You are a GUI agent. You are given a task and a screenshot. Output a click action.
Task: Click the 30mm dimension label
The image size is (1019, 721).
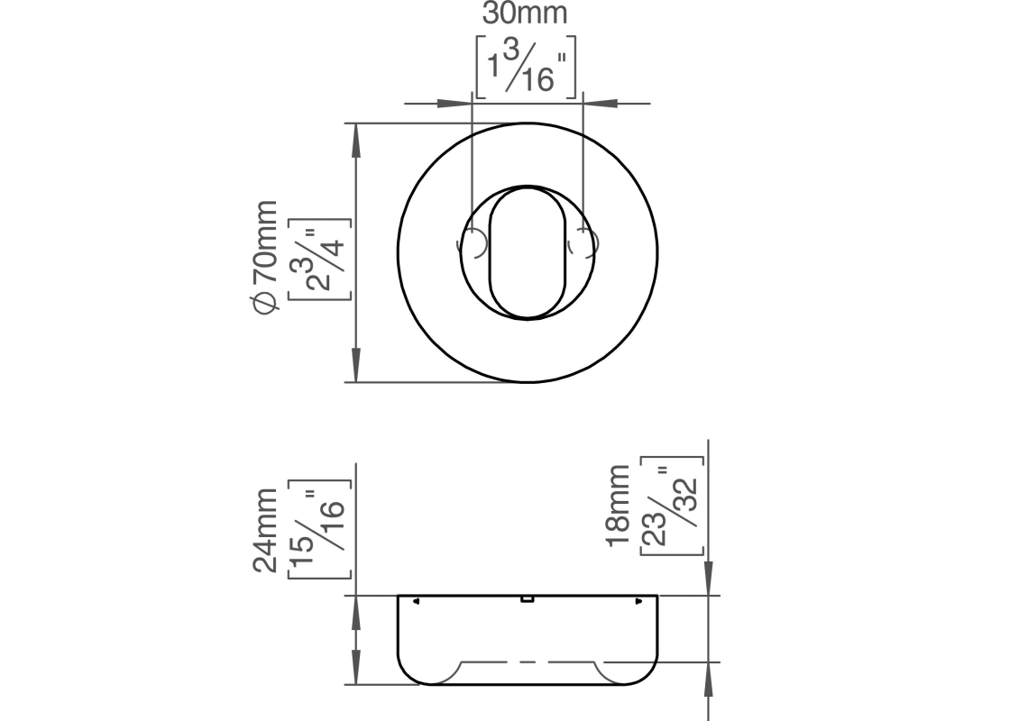(525, 14)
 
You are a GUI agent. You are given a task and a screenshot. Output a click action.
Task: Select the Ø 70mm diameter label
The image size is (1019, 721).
(265, 257)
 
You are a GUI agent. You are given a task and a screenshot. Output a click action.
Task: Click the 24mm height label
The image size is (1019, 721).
(265, 531)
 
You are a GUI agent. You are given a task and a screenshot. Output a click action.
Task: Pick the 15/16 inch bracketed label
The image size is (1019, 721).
(319, 529)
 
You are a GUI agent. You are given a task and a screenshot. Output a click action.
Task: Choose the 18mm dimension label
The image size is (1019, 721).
(618, 506)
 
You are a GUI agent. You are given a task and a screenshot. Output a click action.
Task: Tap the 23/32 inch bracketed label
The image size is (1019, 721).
(673, 506)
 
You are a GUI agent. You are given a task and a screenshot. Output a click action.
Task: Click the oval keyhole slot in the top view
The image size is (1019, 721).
(527, 253)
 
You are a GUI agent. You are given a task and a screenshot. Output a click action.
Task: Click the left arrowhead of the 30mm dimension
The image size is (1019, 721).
(454, 104)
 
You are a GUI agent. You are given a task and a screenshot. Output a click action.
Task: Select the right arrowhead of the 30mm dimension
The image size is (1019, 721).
(600, 104)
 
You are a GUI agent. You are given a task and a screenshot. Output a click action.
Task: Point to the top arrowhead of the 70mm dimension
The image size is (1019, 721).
(355, 141)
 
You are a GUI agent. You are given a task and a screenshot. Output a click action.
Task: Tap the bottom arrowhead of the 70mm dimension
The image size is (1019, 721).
(355, 365)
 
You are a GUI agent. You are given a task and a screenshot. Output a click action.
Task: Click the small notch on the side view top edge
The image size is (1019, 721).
(527, 598)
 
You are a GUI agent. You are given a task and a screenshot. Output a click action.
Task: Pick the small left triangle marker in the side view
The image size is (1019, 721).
(416, 601)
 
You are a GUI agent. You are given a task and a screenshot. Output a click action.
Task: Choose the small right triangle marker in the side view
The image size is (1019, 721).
(638, 601)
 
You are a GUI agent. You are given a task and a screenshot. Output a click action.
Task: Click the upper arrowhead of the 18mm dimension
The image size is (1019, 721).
(709, 578)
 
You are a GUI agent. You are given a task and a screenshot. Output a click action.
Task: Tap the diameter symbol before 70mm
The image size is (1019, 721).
(266, 303)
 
